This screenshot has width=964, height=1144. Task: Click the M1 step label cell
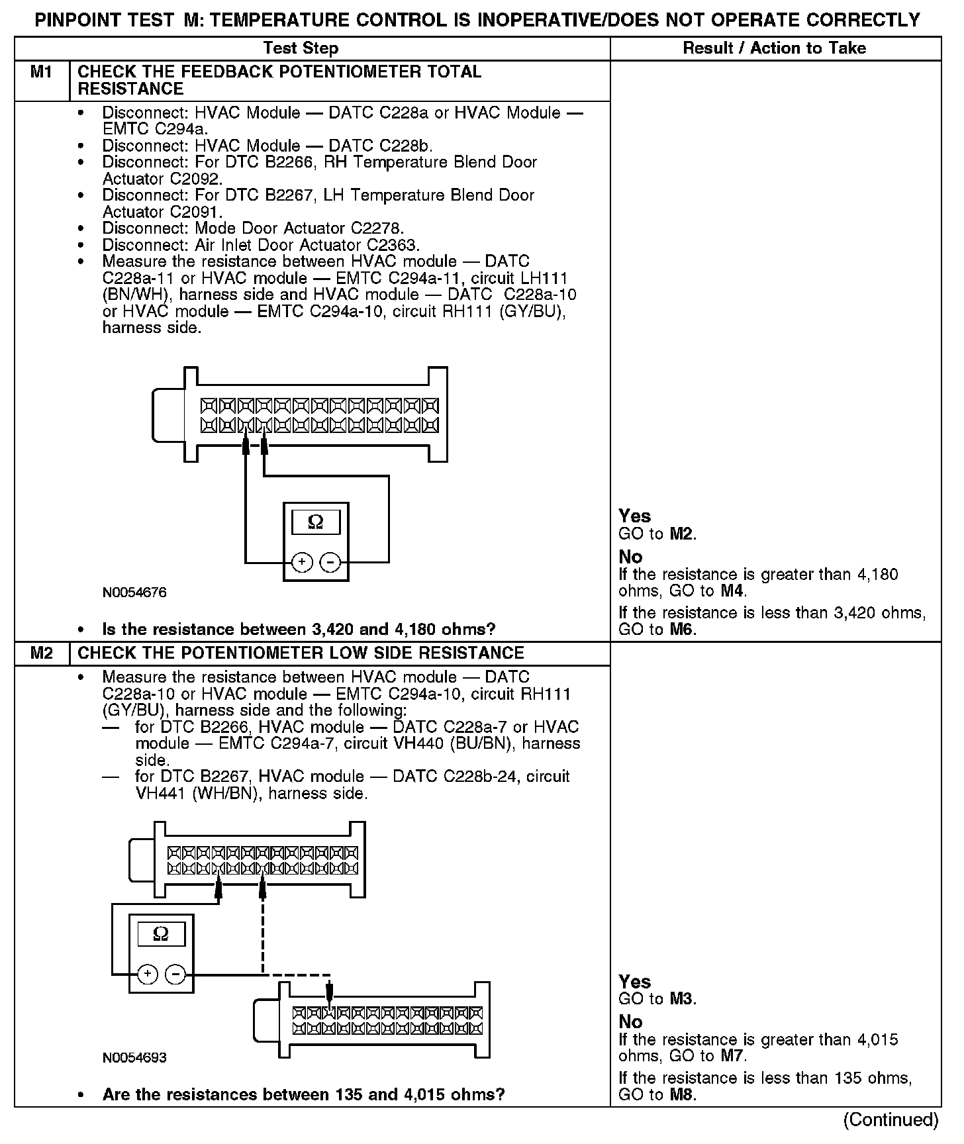click(x=41, y=72)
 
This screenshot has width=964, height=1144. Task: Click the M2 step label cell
click(x=41, y=653)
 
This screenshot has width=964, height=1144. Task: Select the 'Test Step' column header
click(x=301, y=48)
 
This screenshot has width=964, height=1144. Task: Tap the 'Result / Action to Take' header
click(x=774, y=48)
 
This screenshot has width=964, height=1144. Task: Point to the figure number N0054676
click(x=134, y=593)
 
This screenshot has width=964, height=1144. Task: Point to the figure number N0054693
click(x=134, y=1058)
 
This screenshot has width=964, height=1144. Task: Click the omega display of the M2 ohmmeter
click(x=161, y=934)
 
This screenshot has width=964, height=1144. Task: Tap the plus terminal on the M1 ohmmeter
click(x=302, y=563)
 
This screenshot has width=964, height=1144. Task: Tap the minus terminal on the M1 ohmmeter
click(x=330, y=563)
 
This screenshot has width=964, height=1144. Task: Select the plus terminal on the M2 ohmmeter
click(x=148, y=975)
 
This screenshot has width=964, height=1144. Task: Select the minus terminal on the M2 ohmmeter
click(x=175, y=975)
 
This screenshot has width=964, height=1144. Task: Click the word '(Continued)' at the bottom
click(x=891, y=1120)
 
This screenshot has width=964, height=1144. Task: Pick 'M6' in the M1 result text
click(x=682, y=629)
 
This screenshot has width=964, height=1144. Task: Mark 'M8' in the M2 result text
click(x=682, y=1094)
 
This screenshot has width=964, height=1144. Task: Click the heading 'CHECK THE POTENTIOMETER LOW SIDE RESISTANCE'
click(x=301, y=653)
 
